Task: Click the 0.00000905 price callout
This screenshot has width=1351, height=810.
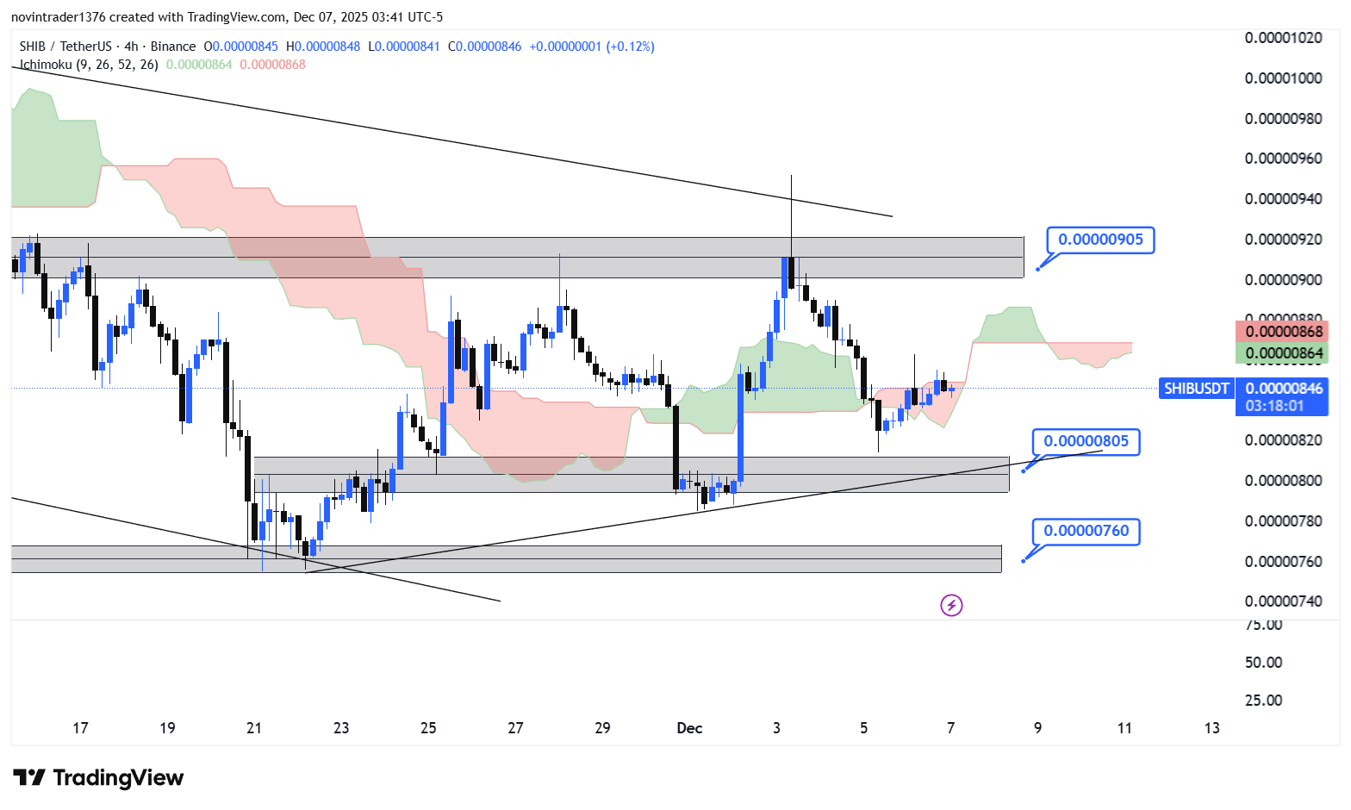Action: click(1100, 240)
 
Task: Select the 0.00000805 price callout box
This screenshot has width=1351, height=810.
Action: click(1086, 442)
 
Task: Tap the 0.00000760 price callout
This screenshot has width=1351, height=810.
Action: click(1086, 531)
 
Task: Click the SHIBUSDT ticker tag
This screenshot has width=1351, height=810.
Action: click(1196, 389)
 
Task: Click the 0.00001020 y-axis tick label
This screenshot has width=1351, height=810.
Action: click(1283, 38)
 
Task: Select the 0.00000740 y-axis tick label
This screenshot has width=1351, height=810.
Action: click(1283, 601)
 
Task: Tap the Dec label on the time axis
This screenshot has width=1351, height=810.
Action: click(689, 728)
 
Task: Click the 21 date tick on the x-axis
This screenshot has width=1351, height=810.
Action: click(254, 728)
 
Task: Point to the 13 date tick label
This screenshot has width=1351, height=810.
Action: click(1211, 728)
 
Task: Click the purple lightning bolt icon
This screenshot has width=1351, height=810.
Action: click(951, 606)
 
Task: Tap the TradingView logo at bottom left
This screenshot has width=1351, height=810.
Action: click(98, 778)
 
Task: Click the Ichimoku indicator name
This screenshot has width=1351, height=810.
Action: click(46, 65)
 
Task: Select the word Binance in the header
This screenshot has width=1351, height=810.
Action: click(172, 47)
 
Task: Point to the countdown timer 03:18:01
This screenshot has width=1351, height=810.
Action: click(1274, 406)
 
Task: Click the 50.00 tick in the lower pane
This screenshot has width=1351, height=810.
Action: click(1264, 663)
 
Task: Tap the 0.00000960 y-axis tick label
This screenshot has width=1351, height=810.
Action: click(1283, 159)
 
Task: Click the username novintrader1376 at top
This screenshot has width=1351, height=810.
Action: click(58, 17)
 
